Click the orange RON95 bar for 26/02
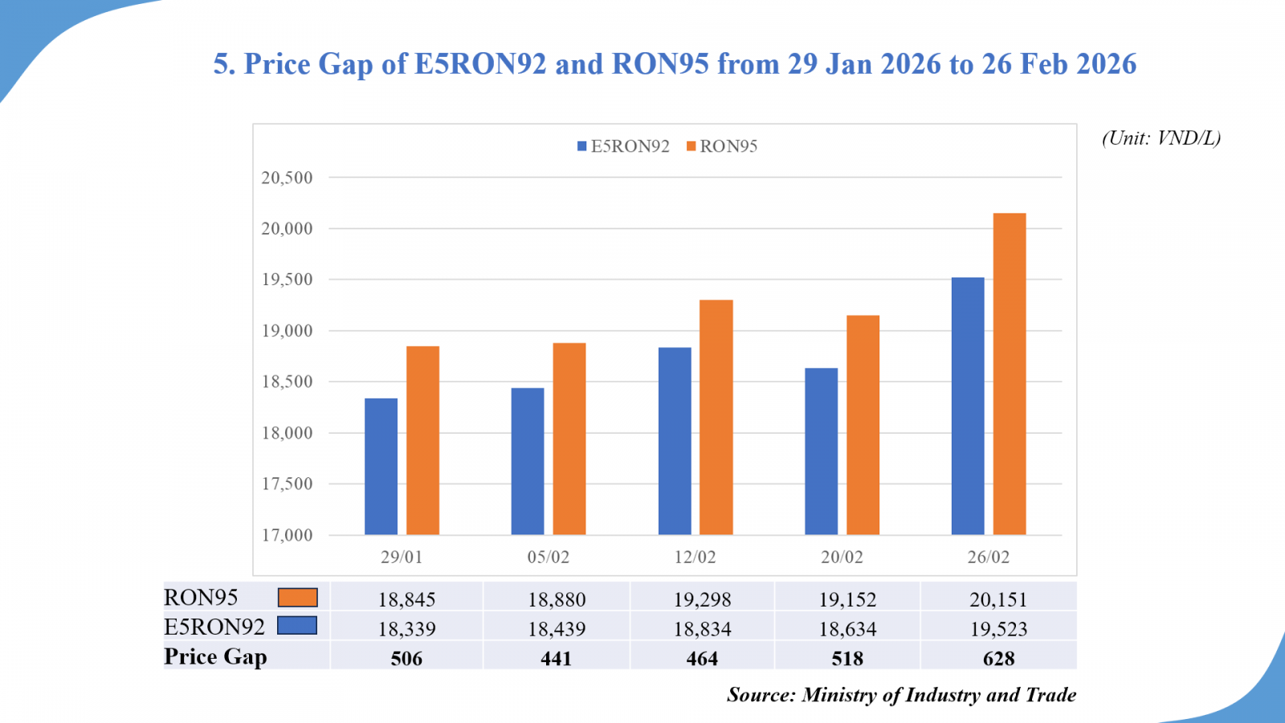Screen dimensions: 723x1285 1010,374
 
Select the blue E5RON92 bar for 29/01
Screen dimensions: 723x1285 381,466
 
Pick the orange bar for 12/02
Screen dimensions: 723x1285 716,417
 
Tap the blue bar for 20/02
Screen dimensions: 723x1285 821,451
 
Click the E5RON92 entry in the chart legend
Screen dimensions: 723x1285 623,146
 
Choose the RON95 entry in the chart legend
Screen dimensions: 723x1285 722,146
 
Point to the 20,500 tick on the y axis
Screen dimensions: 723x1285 287,178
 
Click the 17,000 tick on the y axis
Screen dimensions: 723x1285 287,535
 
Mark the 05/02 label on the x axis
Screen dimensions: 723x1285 548,557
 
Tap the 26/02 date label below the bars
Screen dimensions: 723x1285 988,557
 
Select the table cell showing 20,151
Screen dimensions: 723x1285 998,599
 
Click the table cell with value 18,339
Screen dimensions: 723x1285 406,629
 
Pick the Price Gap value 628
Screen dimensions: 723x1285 998,659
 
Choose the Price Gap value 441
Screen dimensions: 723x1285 556,659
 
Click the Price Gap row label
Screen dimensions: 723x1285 215,657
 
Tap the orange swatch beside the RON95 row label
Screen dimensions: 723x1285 297,597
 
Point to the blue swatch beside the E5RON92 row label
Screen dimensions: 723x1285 297,626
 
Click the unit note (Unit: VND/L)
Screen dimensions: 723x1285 1161,138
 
